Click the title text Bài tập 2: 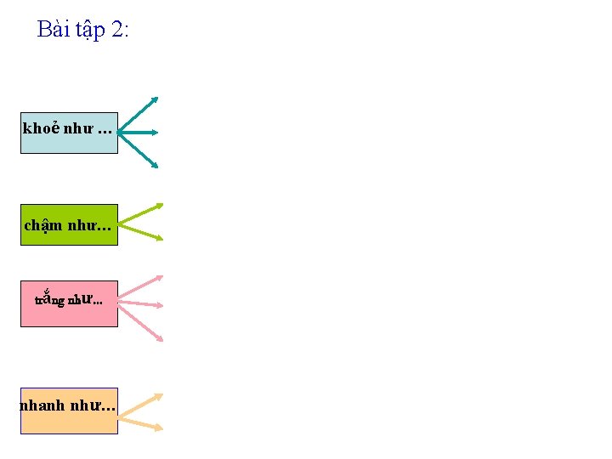83,30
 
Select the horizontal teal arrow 139,133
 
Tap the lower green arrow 141,232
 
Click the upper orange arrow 141,405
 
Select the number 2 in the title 116,30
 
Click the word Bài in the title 53,30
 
